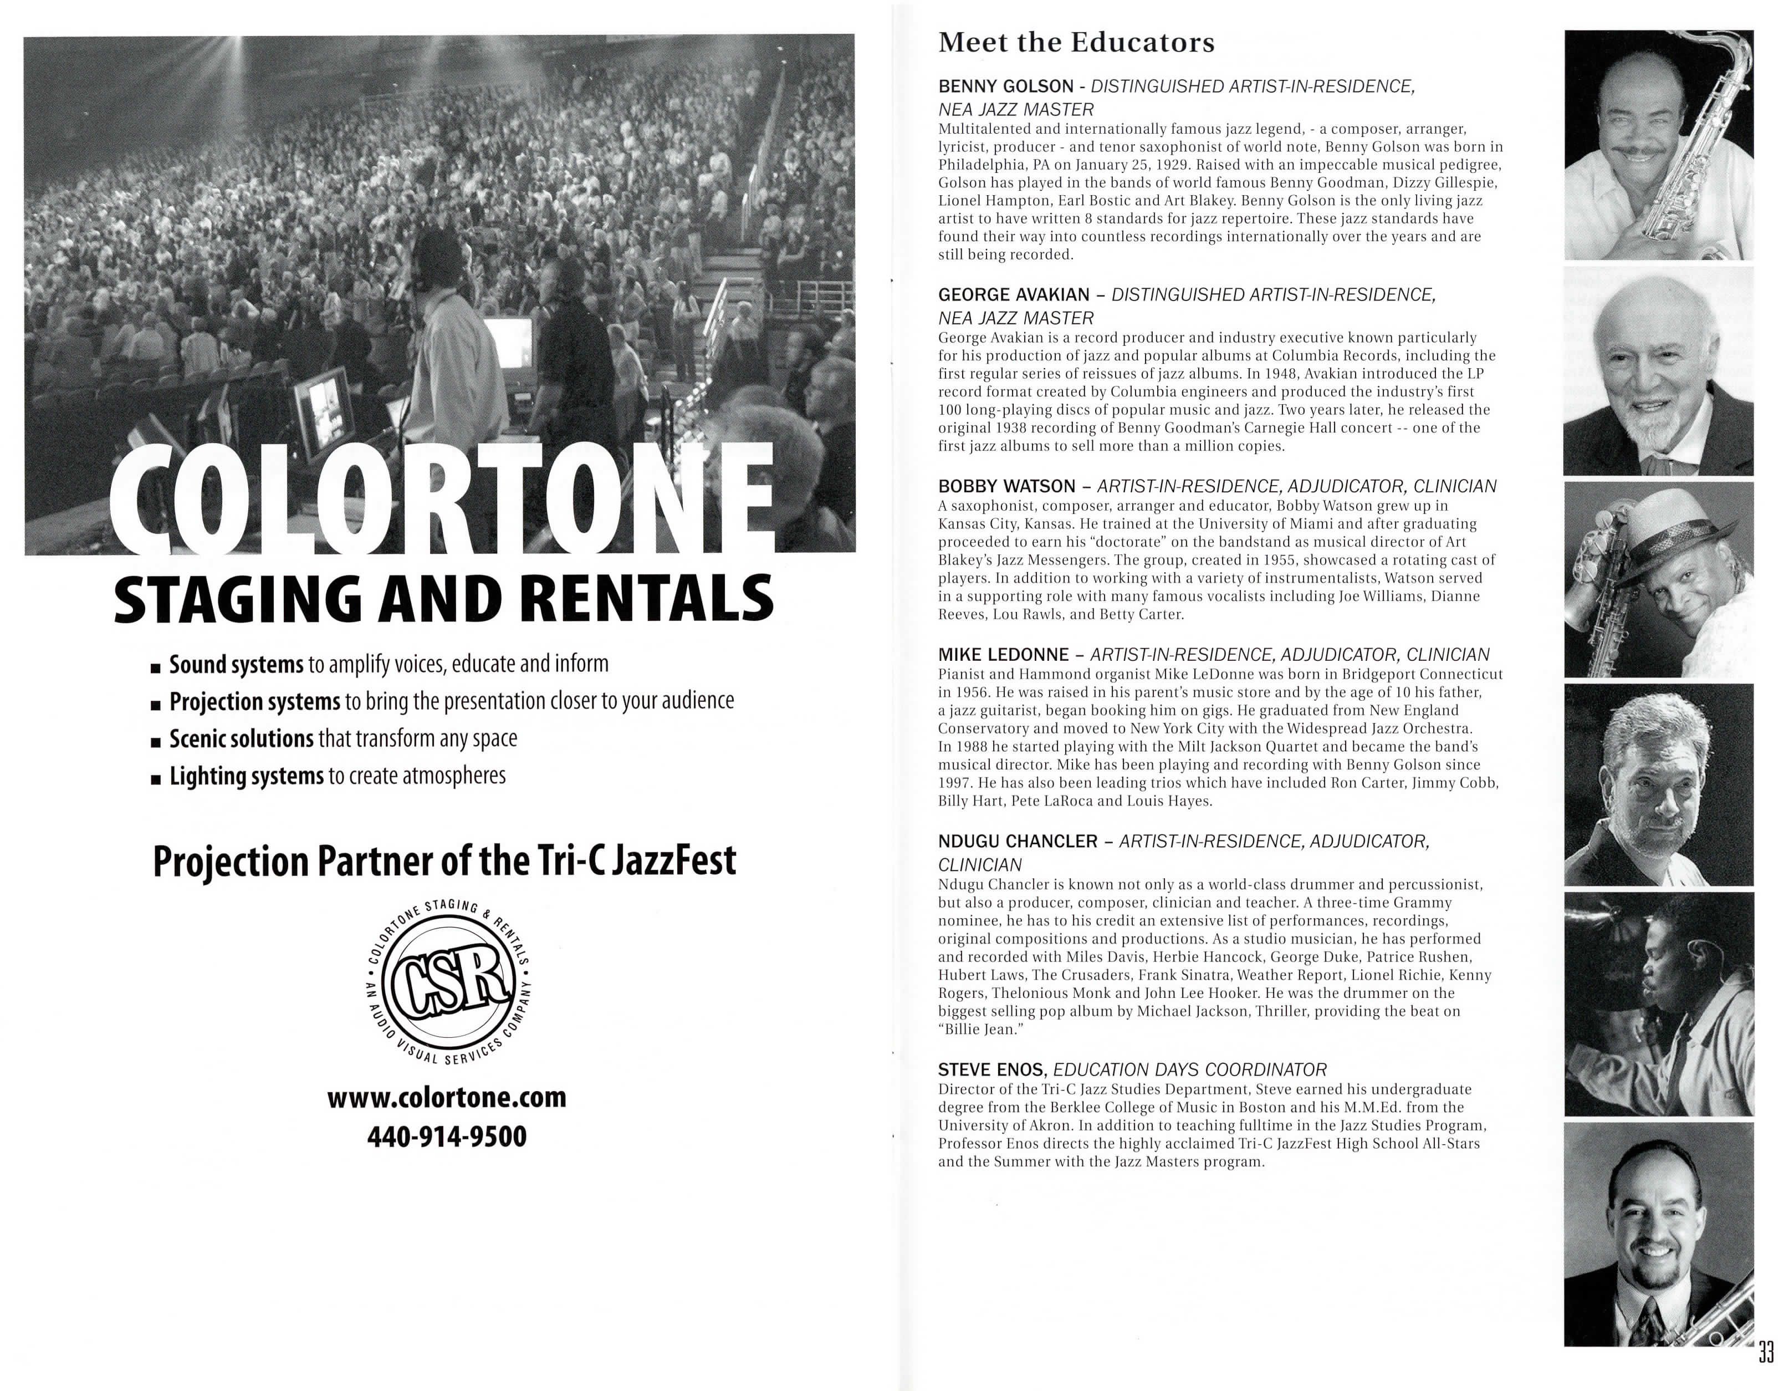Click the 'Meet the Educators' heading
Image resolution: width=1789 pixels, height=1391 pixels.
pyautogui.click(x=1076, y=43)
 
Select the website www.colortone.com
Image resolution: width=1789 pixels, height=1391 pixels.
pyautogui.click(x=447, y=1097)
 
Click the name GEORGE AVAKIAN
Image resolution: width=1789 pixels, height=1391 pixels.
pyautogui.click(x=1013, y=295)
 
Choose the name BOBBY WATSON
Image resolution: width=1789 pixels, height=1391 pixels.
pyautogui.click(x=1006, y=487)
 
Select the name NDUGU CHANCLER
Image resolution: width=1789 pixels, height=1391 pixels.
pyautogui.click(x=1018, y=842)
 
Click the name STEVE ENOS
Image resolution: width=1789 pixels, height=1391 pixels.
pyautogui.click(x=991, y=1070)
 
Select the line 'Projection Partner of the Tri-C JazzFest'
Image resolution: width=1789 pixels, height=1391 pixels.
pyautogui.click(x=445, y=862)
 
